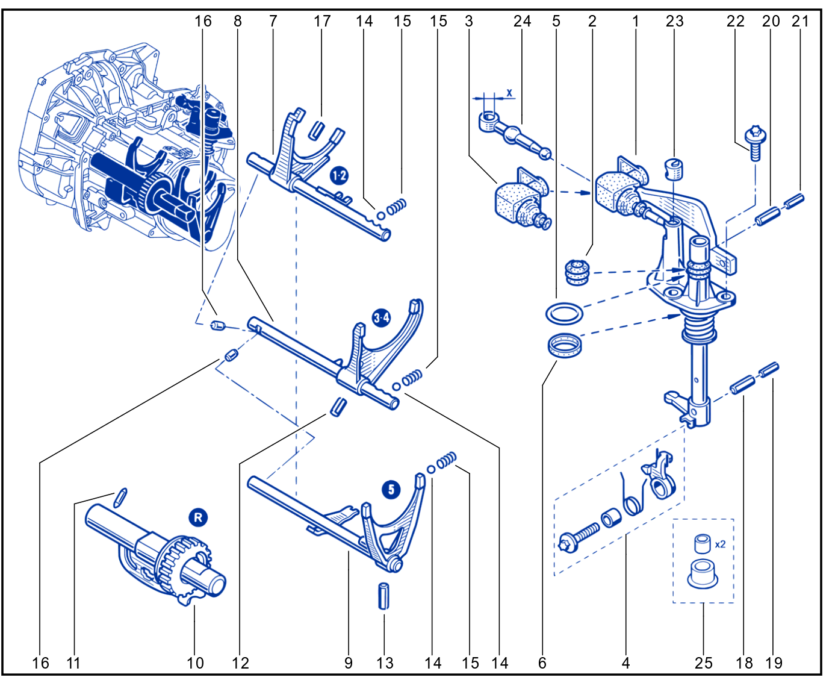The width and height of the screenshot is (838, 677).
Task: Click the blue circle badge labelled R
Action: point(198,517)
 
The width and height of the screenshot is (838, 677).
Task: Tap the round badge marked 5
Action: point(391,490)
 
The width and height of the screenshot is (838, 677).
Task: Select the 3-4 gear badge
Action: point(381,317)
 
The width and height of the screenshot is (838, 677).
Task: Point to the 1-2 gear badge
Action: point(339,175)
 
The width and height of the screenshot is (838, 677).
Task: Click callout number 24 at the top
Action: point(522,21)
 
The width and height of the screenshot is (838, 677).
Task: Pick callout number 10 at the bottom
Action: point(195,663)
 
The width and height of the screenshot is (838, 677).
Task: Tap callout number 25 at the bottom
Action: point(703,663)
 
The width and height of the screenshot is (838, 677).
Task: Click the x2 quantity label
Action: point(720,544)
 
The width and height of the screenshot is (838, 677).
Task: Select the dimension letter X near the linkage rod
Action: point(509,93)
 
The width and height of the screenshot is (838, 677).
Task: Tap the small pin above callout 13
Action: point(383,596)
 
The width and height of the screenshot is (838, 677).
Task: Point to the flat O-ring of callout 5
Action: point(564,314)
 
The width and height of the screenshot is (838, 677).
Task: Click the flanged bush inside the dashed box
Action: point(703,574)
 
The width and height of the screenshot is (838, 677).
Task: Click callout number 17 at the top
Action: point(322,21)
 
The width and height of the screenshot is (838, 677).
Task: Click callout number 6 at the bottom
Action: point(542,663)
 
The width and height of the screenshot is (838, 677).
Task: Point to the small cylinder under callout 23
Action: point(674,170)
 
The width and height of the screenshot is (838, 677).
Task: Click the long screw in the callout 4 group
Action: point(579,537)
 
